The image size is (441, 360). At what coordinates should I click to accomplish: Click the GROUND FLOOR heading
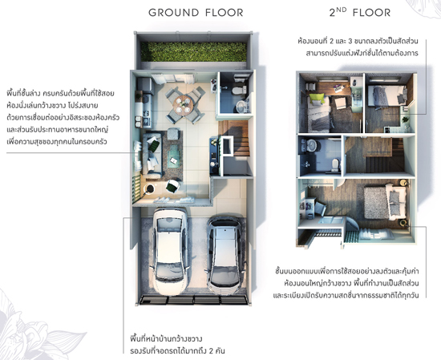coord(196,13)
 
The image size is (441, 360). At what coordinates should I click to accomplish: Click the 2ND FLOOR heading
coord(360,12)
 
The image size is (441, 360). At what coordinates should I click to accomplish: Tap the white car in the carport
coord(170,251)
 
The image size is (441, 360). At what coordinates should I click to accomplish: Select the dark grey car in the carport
coord(225,255)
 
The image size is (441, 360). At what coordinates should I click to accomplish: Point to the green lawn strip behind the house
coord(193,52)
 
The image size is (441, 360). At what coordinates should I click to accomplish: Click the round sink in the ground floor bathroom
coord(241,107)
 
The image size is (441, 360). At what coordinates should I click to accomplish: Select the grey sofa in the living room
coord(152,154)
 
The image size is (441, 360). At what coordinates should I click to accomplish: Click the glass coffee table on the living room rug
coord(174,156)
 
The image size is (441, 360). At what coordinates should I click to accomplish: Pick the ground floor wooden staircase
coord(234,138)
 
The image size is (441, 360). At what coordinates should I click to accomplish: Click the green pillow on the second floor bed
coord(318,99)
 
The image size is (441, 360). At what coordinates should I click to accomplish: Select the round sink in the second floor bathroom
coord(311,145)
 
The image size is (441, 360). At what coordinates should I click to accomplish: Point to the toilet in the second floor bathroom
coord(335,164)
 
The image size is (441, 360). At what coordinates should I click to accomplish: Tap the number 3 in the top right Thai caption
coord(350,41)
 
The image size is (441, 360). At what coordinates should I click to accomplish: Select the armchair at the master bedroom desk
coord(320,208)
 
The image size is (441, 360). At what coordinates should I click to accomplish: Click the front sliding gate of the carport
coord(193,300)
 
